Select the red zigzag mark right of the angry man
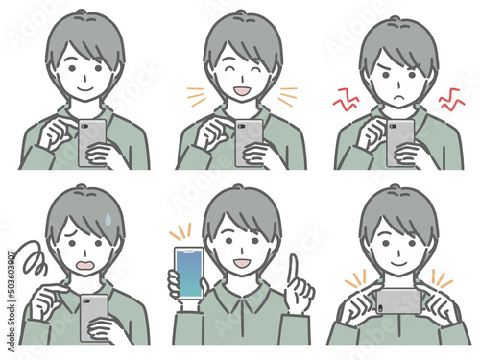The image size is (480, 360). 450,99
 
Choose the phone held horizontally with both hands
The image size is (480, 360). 399,300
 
